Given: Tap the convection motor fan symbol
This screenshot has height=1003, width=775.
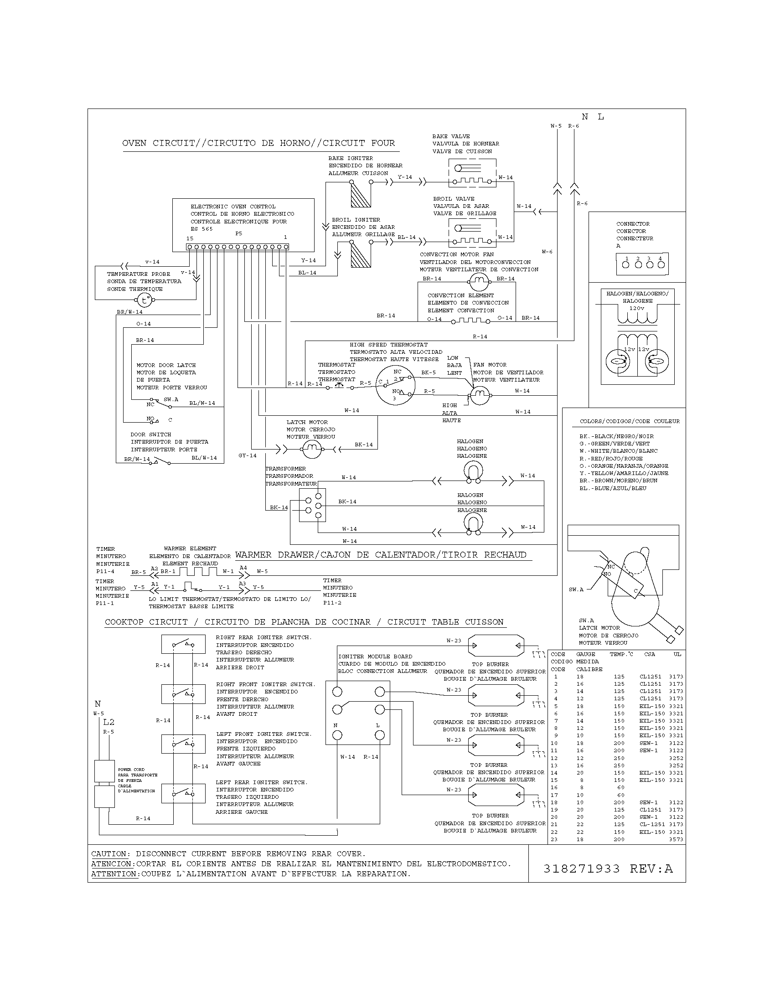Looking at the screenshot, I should pos(478,279).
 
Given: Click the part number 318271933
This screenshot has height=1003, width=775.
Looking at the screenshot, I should pos(581,869).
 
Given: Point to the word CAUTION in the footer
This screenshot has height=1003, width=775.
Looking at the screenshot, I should pos(109,854).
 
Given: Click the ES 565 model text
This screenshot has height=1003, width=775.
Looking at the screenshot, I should pos(201,229).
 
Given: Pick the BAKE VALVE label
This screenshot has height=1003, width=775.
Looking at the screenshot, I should pos(451,136).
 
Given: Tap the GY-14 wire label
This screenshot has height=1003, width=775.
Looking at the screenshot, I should pos(248,455).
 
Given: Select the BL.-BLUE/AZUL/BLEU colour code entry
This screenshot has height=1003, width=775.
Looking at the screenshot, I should pos(612,488).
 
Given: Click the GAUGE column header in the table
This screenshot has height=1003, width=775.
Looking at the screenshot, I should pos(586,654).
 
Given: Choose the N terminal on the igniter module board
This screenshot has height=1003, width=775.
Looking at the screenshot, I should pos(337,735).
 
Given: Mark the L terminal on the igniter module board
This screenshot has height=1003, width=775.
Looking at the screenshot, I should pos(379,735).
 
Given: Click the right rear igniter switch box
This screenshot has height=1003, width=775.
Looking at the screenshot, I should pos(183,644).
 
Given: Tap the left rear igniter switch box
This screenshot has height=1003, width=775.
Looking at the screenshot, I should pos(183,793).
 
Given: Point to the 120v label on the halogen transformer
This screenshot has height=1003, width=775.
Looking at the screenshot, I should pos(636,308).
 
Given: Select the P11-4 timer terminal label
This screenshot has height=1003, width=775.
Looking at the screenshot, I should pos(105,571).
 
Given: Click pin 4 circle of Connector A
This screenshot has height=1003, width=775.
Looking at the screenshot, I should pos(660,265).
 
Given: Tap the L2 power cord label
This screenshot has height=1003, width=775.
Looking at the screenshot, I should pos(109,723).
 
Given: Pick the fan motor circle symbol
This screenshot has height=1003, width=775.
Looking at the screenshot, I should pos(480,394).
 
